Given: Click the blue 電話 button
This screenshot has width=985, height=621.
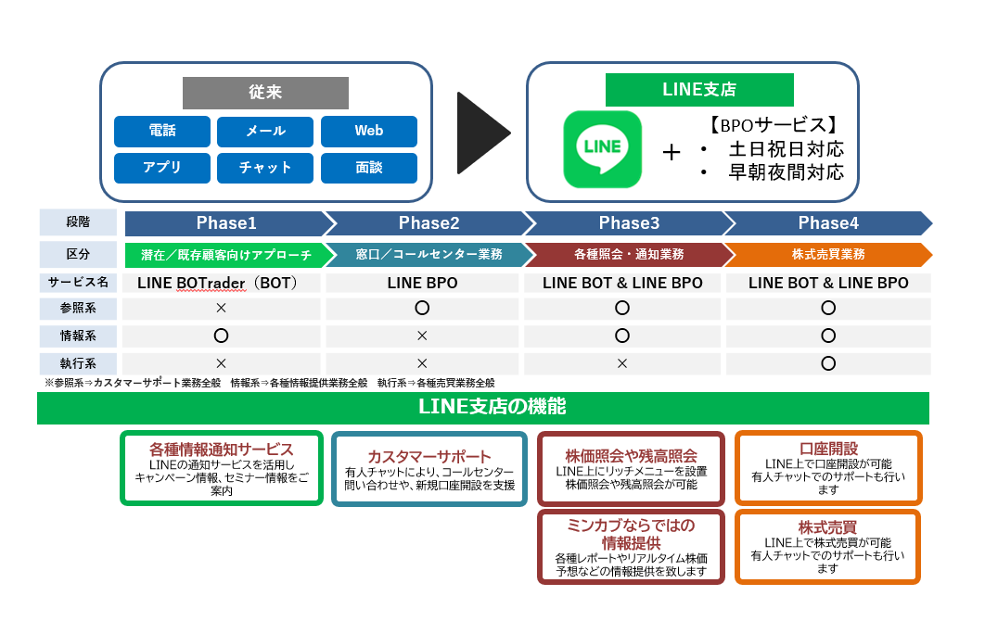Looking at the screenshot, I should point(161,131).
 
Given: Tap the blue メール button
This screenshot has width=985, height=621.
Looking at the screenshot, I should point(265,131).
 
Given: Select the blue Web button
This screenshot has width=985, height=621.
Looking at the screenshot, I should point(368,131).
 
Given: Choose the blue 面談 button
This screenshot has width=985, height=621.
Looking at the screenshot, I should point(368,168).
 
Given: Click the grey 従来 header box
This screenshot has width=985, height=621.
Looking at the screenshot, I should point(264,93).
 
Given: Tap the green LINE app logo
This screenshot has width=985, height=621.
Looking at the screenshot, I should point(603,148).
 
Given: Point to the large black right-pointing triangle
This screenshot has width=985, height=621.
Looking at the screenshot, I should point(482,133).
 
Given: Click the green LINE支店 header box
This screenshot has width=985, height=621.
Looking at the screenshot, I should point(699,90).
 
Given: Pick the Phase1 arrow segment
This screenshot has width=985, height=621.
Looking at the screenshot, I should point(225,223).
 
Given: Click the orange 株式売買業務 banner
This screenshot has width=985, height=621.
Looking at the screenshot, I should point(827,253).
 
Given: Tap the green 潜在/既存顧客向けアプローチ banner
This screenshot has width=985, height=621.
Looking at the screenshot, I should point(225,253).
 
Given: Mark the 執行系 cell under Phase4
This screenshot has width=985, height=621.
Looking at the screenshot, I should point(828,363).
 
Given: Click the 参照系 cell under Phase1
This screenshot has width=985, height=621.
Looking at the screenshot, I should point(221,308).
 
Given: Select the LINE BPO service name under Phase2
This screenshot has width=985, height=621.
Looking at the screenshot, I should point(422,283).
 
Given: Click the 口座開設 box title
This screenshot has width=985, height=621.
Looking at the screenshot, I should point(827,449).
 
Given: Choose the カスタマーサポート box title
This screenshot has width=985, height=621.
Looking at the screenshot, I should point(429,457).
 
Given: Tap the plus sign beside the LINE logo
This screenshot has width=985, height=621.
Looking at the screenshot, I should point(672,152).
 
